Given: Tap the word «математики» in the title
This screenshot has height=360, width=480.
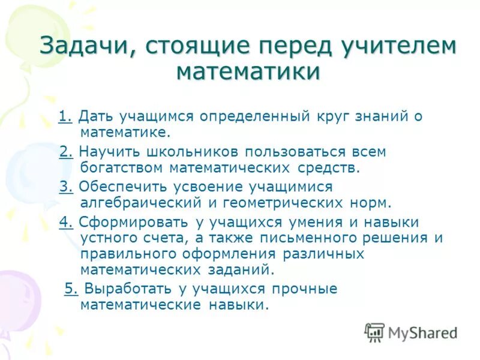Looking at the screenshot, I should [248, 72].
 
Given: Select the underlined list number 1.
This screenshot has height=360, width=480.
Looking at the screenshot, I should [65, 116].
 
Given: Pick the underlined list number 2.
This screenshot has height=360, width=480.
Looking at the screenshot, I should [66, 152].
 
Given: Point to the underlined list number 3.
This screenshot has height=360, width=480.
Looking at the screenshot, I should [66, 187].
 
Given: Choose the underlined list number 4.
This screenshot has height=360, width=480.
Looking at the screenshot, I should [66, 223].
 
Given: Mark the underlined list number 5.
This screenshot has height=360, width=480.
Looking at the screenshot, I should [71, 289].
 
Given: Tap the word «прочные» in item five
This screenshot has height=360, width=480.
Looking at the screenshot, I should [304, 289].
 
